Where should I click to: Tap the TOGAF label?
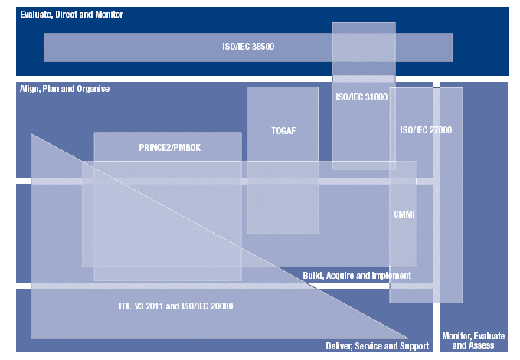point(283,131)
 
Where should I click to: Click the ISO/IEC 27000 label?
point(426,130)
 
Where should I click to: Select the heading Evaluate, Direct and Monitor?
point(71,15)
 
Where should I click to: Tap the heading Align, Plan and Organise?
point(64,89)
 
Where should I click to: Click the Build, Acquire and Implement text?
point(357,276)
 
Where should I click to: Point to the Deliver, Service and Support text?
point(377,346)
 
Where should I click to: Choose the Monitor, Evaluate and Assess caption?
point(474,341)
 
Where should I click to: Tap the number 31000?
point(375,97)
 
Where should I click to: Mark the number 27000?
point(440,130)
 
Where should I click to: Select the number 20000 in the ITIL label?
point(220,306)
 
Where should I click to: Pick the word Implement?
point(392,276)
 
